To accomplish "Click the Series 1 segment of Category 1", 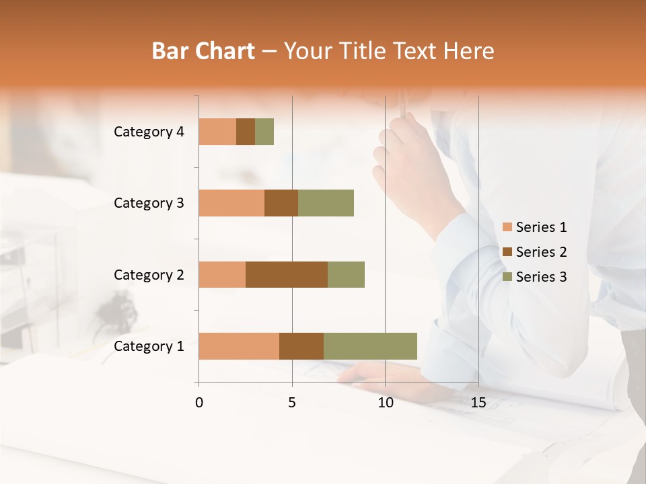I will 239,346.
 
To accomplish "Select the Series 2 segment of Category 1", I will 301,346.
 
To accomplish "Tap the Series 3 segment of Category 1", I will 370,346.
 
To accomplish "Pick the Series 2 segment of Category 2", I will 287,274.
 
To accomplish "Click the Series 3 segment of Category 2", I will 346,274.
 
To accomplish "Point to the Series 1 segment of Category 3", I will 231,203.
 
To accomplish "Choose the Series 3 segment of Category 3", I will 326,203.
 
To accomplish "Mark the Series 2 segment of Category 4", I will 246,132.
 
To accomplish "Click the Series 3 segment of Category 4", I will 264,132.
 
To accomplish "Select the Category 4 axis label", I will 149,132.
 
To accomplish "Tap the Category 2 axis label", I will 149,274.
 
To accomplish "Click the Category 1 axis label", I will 149,346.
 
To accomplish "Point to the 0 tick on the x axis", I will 199,403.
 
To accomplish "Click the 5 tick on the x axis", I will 292,403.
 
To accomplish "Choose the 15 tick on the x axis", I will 478,403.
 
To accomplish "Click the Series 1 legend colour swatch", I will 507,227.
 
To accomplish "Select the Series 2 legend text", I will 541,252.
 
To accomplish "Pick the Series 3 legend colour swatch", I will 507,277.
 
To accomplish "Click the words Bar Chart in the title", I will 203,51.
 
